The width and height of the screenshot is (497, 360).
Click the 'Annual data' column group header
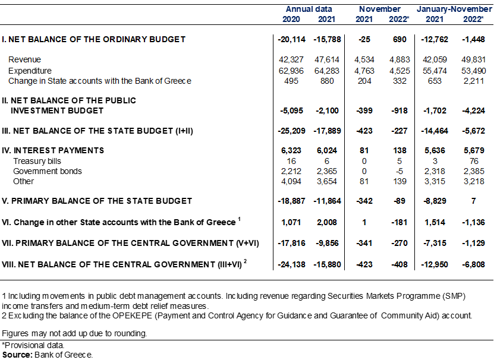click(x=309, y=9)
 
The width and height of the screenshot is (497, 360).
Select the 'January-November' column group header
click(x=454, y=9)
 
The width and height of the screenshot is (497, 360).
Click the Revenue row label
click(x=25, y=59)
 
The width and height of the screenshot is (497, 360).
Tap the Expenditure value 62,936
click(x=291, y=71)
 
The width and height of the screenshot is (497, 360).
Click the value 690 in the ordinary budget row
click(x=400, y=39)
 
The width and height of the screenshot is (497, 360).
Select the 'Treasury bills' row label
click(x=37, y=161)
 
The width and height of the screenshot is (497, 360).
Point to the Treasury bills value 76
click(x=474, y=161)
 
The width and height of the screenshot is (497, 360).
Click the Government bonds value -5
click(x=400, y=171)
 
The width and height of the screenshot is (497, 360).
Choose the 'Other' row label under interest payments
click(x=23, y=181)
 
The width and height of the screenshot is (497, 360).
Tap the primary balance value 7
click(x=474, y=201)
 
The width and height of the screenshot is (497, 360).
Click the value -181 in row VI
click(x=400, y=222)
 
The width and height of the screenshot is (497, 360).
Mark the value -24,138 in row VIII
click(x=292, y=264)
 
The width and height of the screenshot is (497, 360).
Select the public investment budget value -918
click(x=400, y=110)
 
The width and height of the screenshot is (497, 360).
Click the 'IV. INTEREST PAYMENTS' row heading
click(x=53, y=150)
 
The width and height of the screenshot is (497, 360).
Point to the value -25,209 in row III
click(x=292, y=131)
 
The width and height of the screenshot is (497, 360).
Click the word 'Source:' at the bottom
click(x=17, y=355)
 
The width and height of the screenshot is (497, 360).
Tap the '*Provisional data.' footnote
click(x=33, y=345)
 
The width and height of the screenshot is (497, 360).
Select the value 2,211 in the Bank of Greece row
click(x=474, y=81)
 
